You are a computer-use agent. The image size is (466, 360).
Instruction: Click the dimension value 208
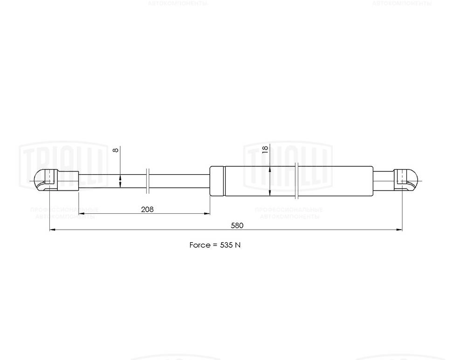click(x=147, y=210)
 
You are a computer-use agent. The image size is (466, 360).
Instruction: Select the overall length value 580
click(x=237, y=225)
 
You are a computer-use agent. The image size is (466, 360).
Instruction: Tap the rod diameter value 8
click(x=116, y=149)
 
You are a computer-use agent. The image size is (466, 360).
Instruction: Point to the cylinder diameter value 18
click(x=265, y=149)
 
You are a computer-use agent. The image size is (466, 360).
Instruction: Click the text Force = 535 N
click(x=215, y=245)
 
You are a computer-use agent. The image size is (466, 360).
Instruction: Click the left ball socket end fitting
click(x=46, y=180)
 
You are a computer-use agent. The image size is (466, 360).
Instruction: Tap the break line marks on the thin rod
click(x=148, y=181)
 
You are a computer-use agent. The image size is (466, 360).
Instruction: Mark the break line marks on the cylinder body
click(x=297, y=181)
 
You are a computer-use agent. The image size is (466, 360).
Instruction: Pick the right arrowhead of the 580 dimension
click(x=399, y=230)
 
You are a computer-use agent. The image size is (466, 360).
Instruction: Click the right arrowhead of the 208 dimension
click(x=207, y=214)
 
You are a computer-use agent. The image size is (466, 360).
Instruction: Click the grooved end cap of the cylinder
click(x=217, y=181)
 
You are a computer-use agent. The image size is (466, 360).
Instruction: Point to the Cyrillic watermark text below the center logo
click(x=289, y=213)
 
